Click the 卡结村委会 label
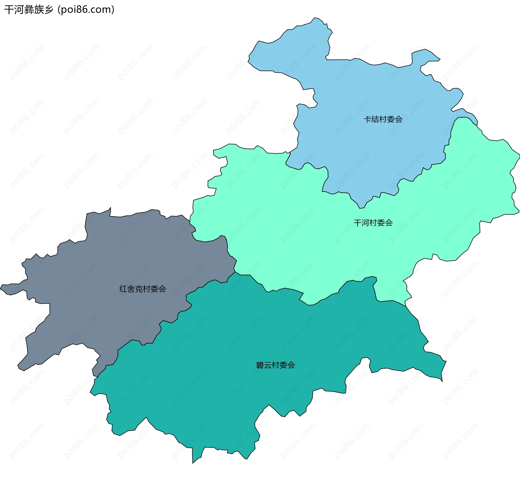click(x=383, y=119)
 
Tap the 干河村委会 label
click(x=373, y=223)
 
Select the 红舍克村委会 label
click(x=143, y=289)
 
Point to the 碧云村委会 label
click(x=275, y=365)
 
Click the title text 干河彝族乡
click(x=29, y=10)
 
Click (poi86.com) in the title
click(x=86, y=10)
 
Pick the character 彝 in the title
click(x=29, y=10)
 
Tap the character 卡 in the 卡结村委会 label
click(x=367, y=119)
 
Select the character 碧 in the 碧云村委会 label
click(x=260, y=365)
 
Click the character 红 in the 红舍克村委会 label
click(x=123, y=289)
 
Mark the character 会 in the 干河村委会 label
click(x=389, y=223)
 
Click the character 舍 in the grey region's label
click(x=131, y=289)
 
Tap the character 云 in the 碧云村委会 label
click(x=268, y=365)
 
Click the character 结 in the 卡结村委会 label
click(x=375, y=119)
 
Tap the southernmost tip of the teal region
click(x=193, y=463)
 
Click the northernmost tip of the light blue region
click(x=314, y=18)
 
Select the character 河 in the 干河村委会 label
click(x=365, y=223)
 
